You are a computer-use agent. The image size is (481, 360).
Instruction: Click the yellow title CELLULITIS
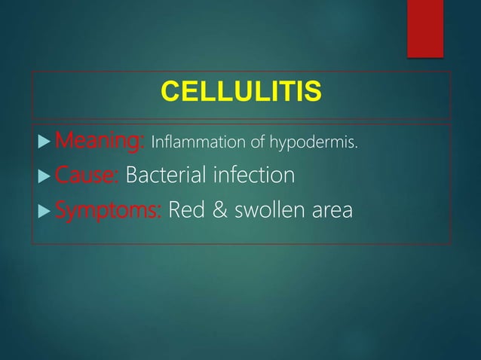(x=240, y=93)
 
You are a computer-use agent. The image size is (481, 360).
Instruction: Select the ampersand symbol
(x=222, y=211)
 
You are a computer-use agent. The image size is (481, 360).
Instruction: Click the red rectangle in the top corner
(x=425, y=26)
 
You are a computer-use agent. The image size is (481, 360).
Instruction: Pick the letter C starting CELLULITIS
(x=170, y=93)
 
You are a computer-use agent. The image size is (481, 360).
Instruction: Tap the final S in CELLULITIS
(x=312, y=93)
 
